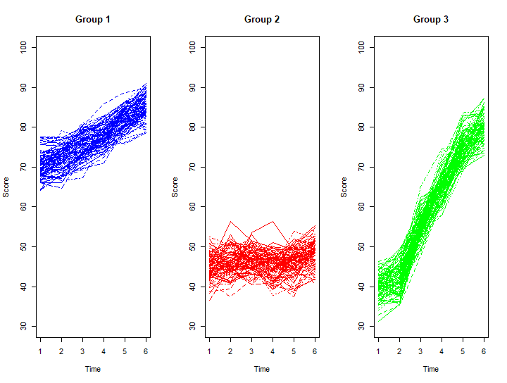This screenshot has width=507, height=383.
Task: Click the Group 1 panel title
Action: pyautogui.click(x=93, y=19)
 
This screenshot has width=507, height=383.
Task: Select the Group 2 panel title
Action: pyautogui.click(x=262, y=19)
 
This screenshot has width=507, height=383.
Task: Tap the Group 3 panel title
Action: pyautogui.click(x=431, y=19)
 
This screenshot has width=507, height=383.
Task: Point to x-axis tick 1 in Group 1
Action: pyautogui.click(x=41, y=351)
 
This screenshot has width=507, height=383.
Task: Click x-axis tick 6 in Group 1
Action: pyautogui.click(x=146, y=351)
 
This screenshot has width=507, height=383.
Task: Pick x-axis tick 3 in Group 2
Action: pyautogui.click(x=251, y=351)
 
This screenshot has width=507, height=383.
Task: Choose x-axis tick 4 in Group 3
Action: pyautogui.click(x=442, y=351)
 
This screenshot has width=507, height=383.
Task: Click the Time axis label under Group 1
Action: pyautogui.click(x=93, y=369)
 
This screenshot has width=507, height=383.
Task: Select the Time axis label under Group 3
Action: pyautogui.click(x=431, y=369)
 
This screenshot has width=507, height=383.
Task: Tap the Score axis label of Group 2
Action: pyautogui.click(x=175, y=187)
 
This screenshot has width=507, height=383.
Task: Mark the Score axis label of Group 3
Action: pyautogui.click(x=344, y=187)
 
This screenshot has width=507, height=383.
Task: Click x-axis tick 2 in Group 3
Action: pyautogui.click(x=399, y=351)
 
